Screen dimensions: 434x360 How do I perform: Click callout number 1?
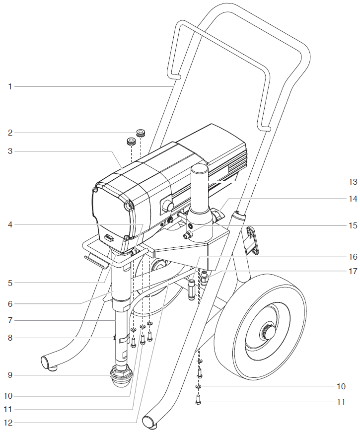point(10,87)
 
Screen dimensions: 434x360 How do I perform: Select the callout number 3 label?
point(10,151)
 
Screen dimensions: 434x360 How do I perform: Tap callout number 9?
point(10,375)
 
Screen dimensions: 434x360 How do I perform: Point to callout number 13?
point(353,181)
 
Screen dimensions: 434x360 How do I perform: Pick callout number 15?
point(353,225)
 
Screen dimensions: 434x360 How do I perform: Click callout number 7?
point(10,321)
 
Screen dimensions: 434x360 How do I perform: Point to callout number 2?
point(10,133)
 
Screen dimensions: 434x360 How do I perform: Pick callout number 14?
point(353,198)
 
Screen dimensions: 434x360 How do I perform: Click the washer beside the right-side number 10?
point(199,386)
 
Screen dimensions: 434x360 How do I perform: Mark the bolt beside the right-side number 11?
point(199,399)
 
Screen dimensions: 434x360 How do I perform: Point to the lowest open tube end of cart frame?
point(149,422)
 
